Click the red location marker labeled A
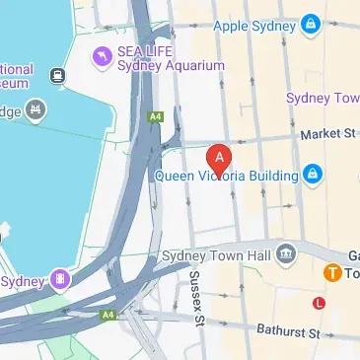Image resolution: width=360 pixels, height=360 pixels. (220, 159)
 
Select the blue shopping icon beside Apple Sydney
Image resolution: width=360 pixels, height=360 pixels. (311, 21)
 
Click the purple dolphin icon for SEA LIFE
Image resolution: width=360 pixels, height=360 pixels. (100, 57)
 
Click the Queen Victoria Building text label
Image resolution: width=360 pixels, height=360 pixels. (226, 177)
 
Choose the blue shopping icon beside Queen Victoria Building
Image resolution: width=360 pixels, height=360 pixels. (313, 177)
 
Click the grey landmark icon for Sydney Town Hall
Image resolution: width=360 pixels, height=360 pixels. (286, 254)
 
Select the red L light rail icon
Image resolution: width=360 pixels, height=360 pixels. (318, 302)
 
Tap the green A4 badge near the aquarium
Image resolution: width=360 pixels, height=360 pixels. (155, 115)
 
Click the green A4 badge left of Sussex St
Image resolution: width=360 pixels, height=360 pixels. (108, 315)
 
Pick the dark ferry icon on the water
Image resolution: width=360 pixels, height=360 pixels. (58, 75)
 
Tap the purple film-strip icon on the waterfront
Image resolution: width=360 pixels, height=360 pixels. (62, 280)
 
